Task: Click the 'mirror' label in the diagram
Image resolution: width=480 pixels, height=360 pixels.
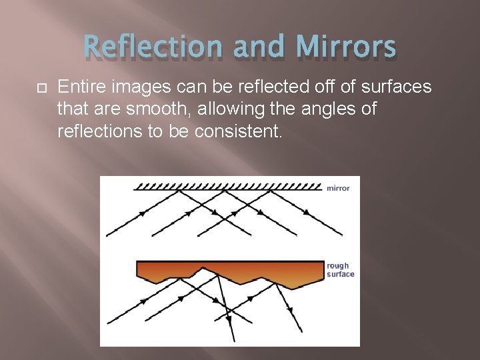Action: [x=338, y=188]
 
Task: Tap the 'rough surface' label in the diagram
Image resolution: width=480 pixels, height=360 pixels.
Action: [x=340, y=270]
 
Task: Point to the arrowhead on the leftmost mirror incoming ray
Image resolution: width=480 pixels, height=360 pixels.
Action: [x=143, y=215]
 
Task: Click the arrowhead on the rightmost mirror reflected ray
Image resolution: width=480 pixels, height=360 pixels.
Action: [x=307, y=213]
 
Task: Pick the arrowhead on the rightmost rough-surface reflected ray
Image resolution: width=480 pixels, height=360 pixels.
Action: [x=290, y=310]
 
